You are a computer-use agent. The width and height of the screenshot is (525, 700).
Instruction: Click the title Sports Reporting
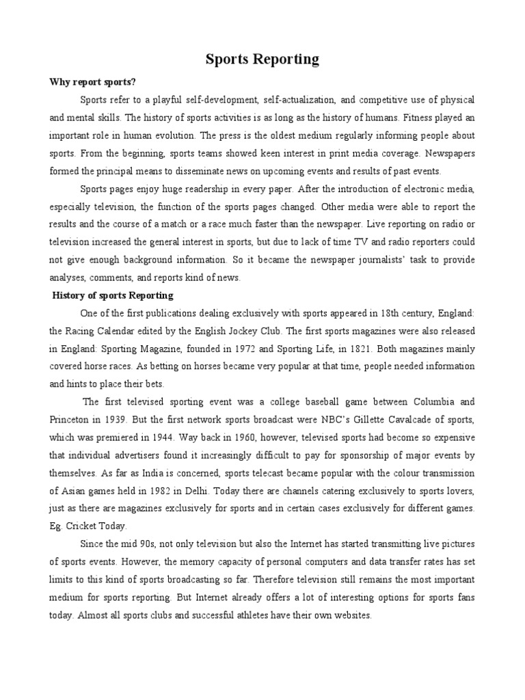coord(262,59)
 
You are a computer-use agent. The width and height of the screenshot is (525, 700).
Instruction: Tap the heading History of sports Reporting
coord(113,295)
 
